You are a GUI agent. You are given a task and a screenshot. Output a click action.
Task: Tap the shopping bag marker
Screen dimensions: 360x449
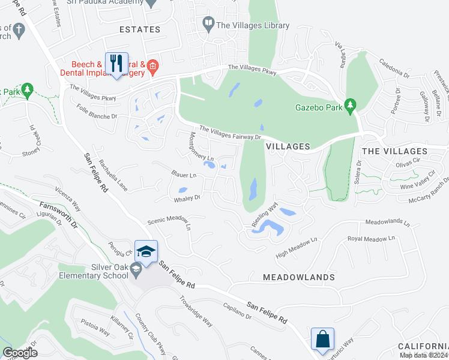[x=323, y=339]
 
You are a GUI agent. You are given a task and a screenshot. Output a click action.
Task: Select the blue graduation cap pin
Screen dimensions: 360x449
[x=146, y=251]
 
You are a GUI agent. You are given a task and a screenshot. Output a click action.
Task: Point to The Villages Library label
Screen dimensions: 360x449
[x=252, y=25]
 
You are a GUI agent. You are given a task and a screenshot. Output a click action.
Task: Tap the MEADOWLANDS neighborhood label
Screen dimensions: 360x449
[x=298, y=277]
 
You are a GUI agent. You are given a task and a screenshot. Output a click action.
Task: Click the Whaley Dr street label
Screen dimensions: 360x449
[x=186, y=197]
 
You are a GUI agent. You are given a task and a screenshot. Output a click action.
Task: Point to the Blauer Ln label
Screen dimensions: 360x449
[x=184, y=175]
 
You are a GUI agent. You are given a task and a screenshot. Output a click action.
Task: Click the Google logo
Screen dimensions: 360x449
[x=20, y=353]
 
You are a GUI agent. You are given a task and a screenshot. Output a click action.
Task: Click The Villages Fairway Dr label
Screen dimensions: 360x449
[x=231, y=133]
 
